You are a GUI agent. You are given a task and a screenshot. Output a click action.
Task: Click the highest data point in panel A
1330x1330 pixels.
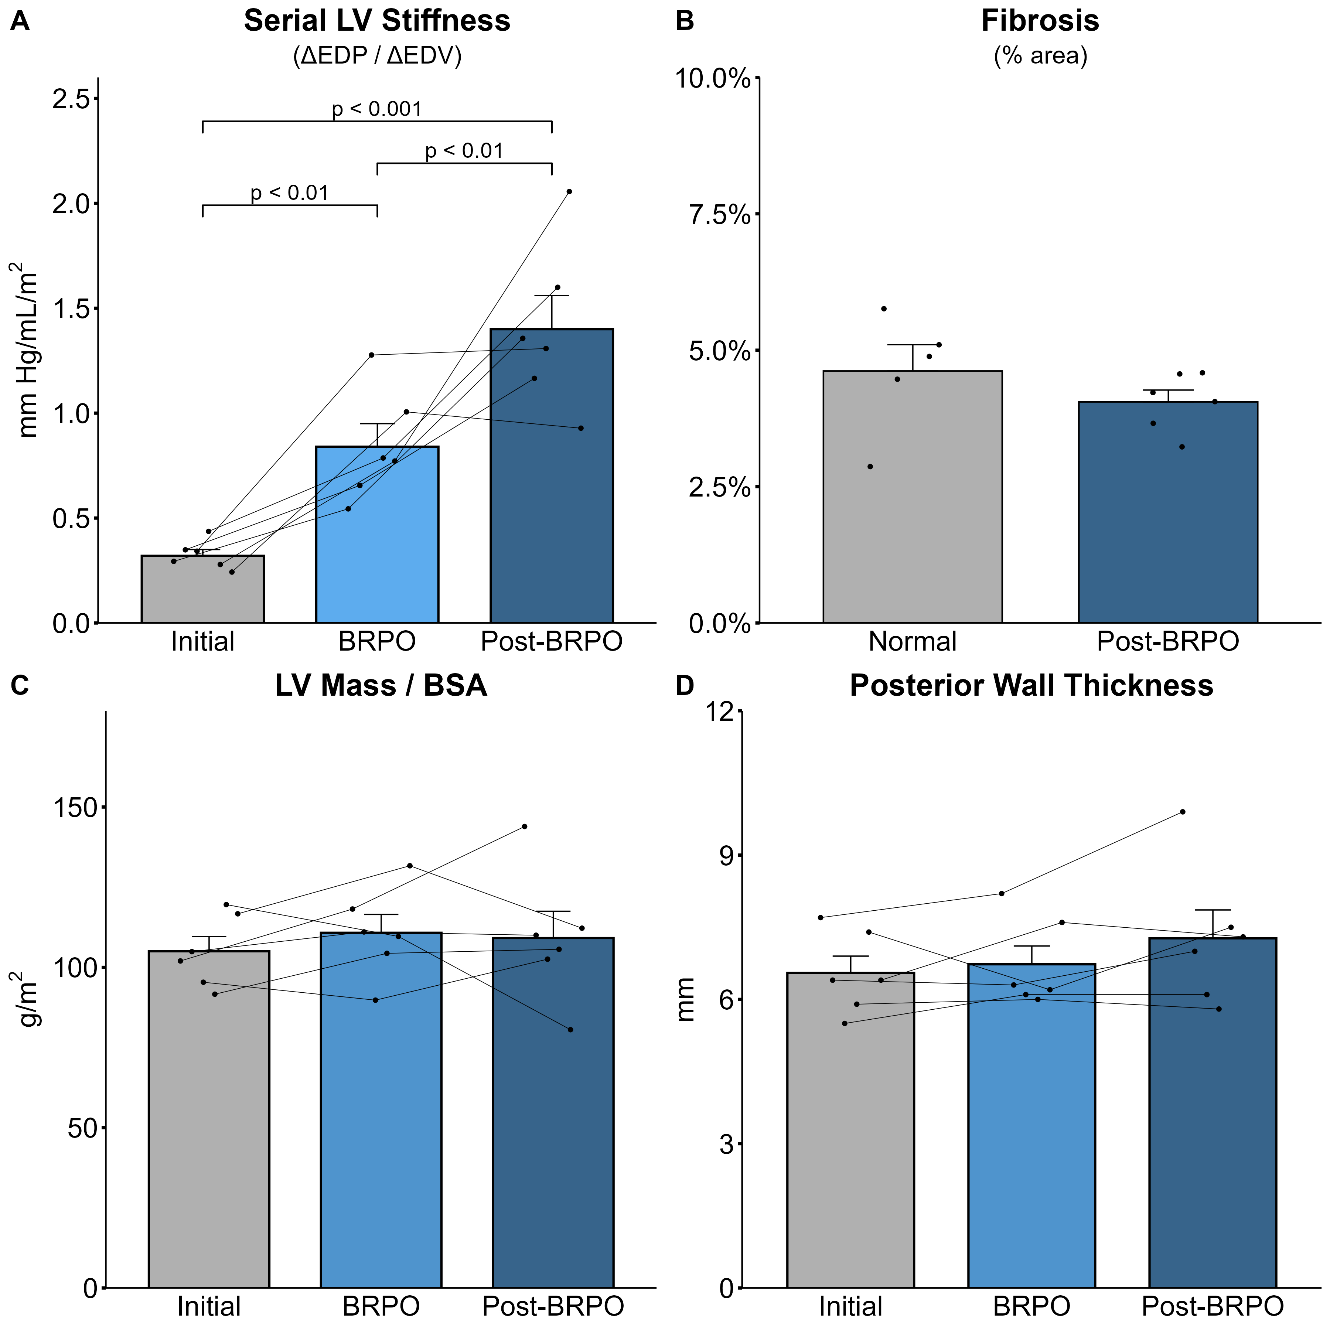coord(569,191)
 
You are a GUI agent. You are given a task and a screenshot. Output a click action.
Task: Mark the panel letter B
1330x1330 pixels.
coord(685,21)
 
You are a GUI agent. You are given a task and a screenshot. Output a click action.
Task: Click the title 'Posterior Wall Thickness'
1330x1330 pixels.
coord(1031,686)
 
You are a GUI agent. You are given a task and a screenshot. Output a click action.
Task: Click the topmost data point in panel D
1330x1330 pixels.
coord(1183,812)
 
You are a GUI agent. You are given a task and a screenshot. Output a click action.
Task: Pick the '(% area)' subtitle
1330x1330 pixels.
coord(1040,55)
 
